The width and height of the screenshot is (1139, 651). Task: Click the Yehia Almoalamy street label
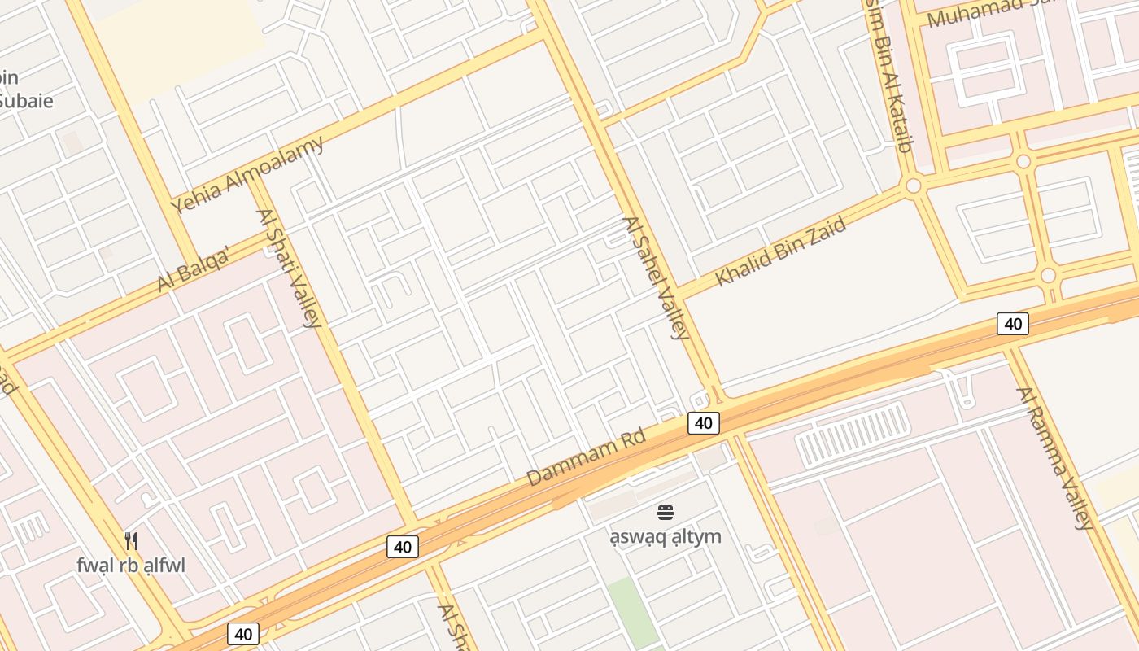click(247, 174)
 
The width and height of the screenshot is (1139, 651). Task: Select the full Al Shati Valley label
click(289, 268)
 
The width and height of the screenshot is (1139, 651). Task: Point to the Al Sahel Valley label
click(656, 277)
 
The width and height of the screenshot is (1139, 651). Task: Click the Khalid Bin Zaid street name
click(780, 251)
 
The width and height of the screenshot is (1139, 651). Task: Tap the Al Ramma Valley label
click(1055, 457)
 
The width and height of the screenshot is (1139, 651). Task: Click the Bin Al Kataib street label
click(889, 77)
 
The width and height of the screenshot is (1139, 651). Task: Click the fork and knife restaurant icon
click(131, 540)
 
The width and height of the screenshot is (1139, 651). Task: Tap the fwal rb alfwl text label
click(131, 565)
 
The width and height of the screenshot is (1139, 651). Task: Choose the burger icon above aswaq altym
click(666, 513)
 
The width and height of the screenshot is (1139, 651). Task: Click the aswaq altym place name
click(666, 537)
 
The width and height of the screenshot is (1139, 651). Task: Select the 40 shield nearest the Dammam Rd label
click(704, 422)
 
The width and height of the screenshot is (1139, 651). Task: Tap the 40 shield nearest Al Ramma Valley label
click(1013, 324)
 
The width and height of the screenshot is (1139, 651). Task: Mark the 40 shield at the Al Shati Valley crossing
click(403, 547)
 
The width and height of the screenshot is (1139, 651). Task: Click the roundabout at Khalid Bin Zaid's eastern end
click(914, 186)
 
